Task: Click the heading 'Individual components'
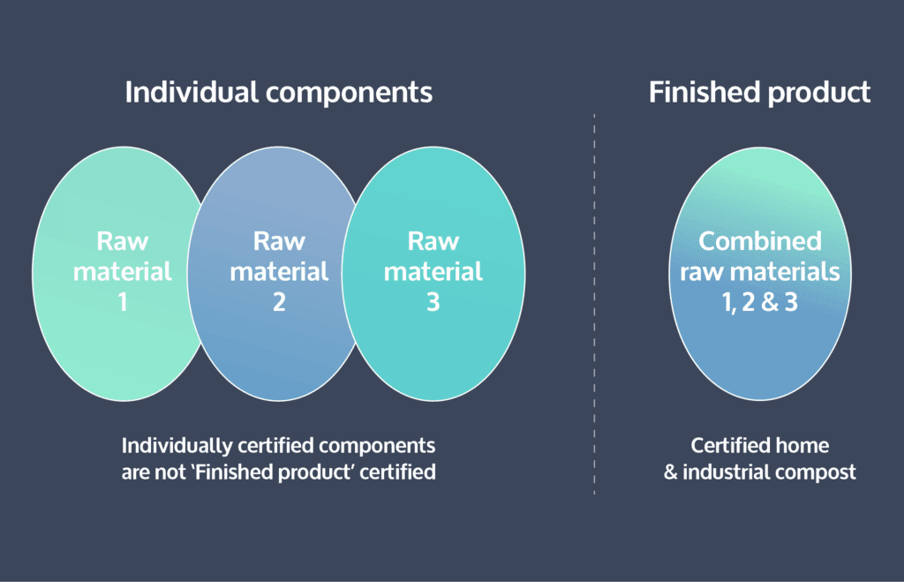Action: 278,92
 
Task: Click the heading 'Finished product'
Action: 759,92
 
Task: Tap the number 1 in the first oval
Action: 122,302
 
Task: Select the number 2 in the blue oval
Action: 279,302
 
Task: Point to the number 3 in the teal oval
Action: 433,302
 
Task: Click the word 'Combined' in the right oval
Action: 760,241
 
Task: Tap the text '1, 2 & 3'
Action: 760,302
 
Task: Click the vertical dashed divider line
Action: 594,304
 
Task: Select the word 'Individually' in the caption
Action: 177,446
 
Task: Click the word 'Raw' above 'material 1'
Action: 122,241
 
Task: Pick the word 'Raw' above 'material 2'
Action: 279,241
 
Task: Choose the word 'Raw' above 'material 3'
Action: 433,241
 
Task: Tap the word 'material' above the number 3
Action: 433,271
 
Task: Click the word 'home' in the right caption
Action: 802,445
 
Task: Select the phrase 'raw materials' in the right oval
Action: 760,272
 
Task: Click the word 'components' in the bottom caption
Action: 377,446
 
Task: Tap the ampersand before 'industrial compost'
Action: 670,472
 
